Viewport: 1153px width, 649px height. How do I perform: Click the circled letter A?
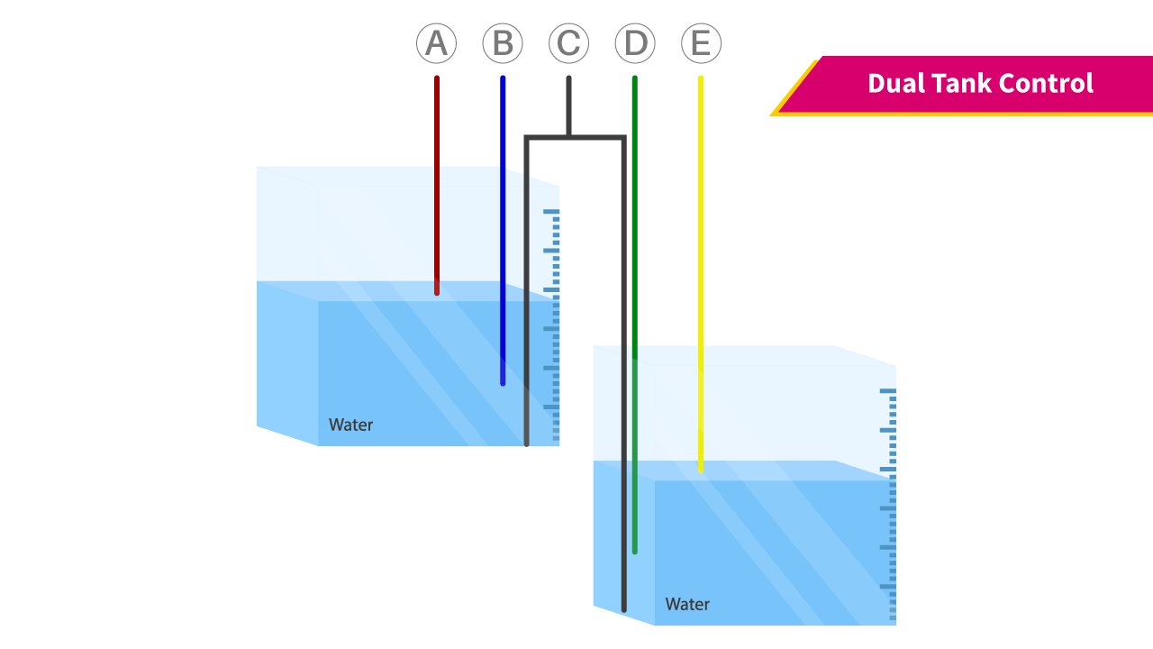pyautogui.click(x=436, y=43)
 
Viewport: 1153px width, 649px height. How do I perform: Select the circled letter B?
pyautogui.click(x=503, y=43)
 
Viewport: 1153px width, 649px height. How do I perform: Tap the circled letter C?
pyautogui.click(x=568, y=43)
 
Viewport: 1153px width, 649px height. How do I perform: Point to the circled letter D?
pyautogui.click(x=635, y=43)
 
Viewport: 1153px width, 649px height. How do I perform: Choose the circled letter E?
pyautogui.click(x=701, y=43)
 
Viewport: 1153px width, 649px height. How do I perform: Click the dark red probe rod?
pyautogui.click(x=437, y=180)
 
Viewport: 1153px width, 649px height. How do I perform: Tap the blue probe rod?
pyautogui.click(x=503, y=225)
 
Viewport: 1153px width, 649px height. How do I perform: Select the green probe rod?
pyautogui.click(x=635, y=270)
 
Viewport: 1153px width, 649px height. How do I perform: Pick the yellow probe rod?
pyautogui.click(x=701, y=270)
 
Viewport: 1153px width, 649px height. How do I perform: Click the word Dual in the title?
pyautogui.click(x=895, y=84)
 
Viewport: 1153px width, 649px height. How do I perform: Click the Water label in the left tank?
pyautogui.click(x=350, y=425)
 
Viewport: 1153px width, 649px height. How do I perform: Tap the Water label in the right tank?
pyautogui.click(x=687, y=604)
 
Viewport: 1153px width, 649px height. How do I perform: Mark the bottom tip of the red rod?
pyautogui.click(x=437, y=292)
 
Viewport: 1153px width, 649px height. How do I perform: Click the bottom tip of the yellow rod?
pyautogui.click(x=701, y=469)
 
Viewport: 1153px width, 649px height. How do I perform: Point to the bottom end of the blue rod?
pyautogui.click(x=503, y=383)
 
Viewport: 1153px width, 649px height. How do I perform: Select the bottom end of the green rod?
pyautogui.click(x=635, y=551)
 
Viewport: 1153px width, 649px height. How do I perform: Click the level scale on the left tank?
pyautogui.click(x=552, y=324)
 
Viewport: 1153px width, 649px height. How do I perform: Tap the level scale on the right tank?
pyautogui.click(x=890, y=505)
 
